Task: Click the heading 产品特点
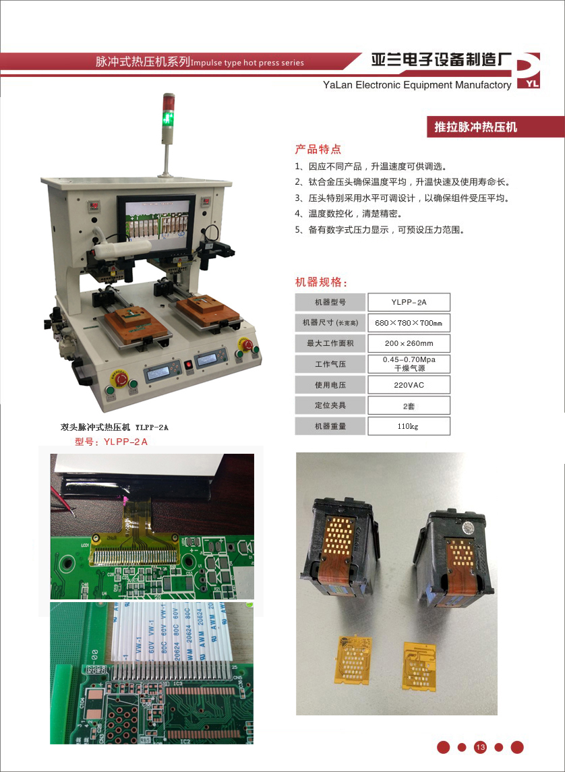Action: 318,149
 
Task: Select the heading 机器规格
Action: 322,282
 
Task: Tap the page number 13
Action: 481,747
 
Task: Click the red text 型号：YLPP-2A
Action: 111,442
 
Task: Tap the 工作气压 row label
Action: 330,364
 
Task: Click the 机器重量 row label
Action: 330,426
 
